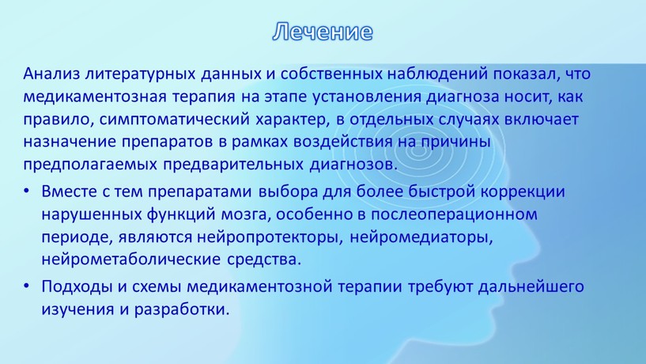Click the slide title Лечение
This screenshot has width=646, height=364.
tap(323, 32)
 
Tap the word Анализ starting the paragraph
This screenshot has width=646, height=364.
tap(51, 74)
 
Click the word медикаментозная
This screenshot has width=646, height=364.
tap(95, 97)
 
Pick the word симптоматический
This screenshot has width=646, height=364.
tap(174, 120)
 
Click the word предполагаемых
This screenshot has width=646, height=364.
tap(90, 165)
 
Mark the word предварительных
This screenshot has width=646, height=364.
tap(233, 165)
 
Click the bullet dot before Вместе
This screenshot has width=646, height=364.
tap(27, 191)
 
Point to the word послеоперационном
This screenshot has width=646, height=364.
tap(454, 215)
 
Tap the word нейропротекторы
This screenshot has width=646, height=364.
tap(270, 238)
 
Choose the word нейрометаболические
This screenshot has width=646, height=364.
tap(131, 260)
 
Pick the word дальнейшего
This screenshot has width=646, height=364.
tap(531, 287)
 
